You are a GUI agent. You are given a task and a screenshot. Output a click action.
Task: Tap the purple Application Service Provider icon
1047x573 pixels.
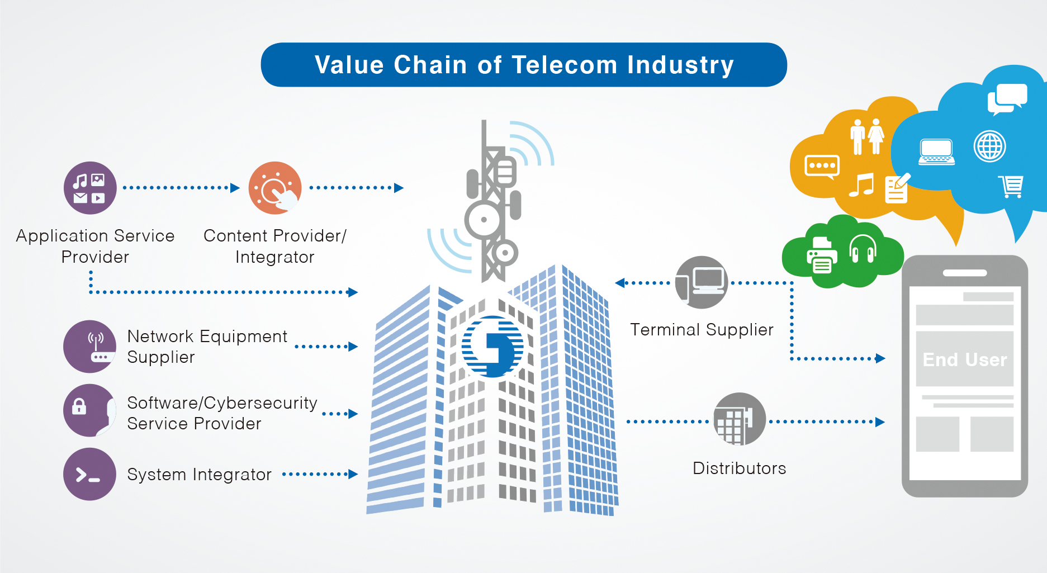[x=90, y=188]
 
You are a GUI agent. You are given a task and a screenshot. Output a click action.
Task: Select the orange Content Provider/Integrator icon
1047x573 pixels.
[x=275, y=188]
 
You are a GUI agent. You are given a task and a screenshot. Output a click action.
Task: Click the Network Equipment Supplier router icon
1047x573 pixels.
[x=89, y=347]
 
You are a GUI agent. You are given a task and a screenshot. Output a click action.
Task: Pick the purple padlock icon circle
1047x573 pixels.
[x=89, y=410]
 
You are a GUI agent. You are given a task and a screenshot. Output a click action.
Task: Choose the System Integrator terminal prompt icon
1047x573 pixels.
[x=89, y=474]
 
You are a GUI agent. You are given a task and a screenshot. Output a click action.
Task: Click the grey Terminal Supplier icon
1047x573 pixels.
[x=702, y=282]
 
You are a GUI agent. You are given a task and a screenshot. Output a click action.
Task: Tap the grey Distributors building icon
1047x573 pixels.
[x=740, y=419]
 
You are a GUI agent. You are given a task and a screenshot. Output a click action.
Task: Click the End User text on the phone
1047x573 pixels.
[x=965, y=359]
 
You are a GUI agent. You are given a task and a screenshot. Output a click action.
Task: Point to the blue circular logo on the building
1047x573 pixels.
[x=492, y=347]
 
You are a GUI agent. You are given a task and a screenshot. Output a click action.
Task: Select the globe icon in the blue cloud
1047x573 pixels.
[x=989, y=146]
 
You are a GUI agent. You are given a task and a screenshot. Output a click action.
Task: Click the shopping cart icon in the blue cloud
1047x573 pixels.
[x=1011, y=187]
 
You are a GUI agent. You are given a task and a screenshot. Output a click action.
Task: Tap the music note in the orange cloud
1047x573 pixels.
[x=861, y=184]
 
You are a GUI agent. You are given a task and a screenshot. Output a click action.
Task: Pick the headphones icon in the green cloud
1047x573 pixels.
[x=863, y=249]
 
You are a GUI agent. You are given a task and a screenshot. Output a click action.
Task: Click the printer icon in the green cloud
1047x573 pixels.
[x=822, y=255]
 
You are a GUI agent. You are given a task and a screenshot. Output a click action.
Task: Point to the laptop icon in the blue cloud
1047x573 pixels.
[x=937, y=152]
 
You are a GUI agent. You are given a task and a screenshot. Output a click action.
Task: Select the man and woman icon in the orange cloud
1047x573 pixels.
[x=867, y=136]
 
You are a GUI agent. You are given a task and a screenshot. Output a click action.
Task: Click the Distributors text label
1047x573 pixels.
[x=739, y=468]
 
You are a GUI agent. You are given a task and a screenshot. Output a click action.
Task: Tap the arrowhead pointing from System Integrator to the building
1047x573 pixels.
[x=353, y=474]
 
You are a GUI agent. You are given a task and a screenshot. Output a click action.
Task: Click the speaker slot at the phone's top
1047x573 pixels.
[x=965, y=273]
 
